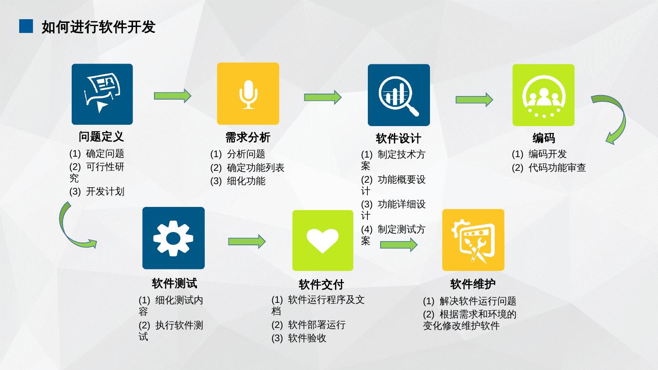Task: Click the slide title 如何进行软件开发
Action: (x=98, y=27)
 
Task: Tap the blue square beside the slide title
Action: (x=26, y=26)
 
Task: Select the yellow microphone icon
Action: (x=248, y=94)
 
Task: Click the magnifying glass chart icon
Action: (x=398, y=95)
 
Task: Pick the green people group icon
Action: (x=543, y=95)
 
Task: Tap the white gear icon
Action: (x=173, y=238)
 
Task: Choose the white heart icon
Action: (x=323, y=240)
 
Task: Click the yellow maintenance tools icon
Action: (x=473, y=240)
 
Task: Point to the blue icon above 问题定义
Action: (x=102, y=94)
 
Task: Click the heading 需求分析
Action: (x=248, y=137)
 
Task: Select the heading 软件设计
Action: (x=398, y=138)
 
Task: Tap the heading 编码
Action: (x=543, y=138)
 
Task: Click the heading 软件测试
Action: (x=174, y=283)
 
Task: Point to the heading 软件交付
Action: (x=321, y=285)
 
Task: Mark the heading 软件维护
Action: (x=472, y=284)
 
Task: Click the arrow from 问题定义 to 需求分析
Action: (x=172, y=95)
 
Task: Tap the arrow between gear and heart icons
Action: (x=247, y=241)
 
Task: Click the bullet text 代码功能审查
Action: (x=557, y=168)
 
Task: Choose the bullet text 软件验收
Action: (x=307, y=338)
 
